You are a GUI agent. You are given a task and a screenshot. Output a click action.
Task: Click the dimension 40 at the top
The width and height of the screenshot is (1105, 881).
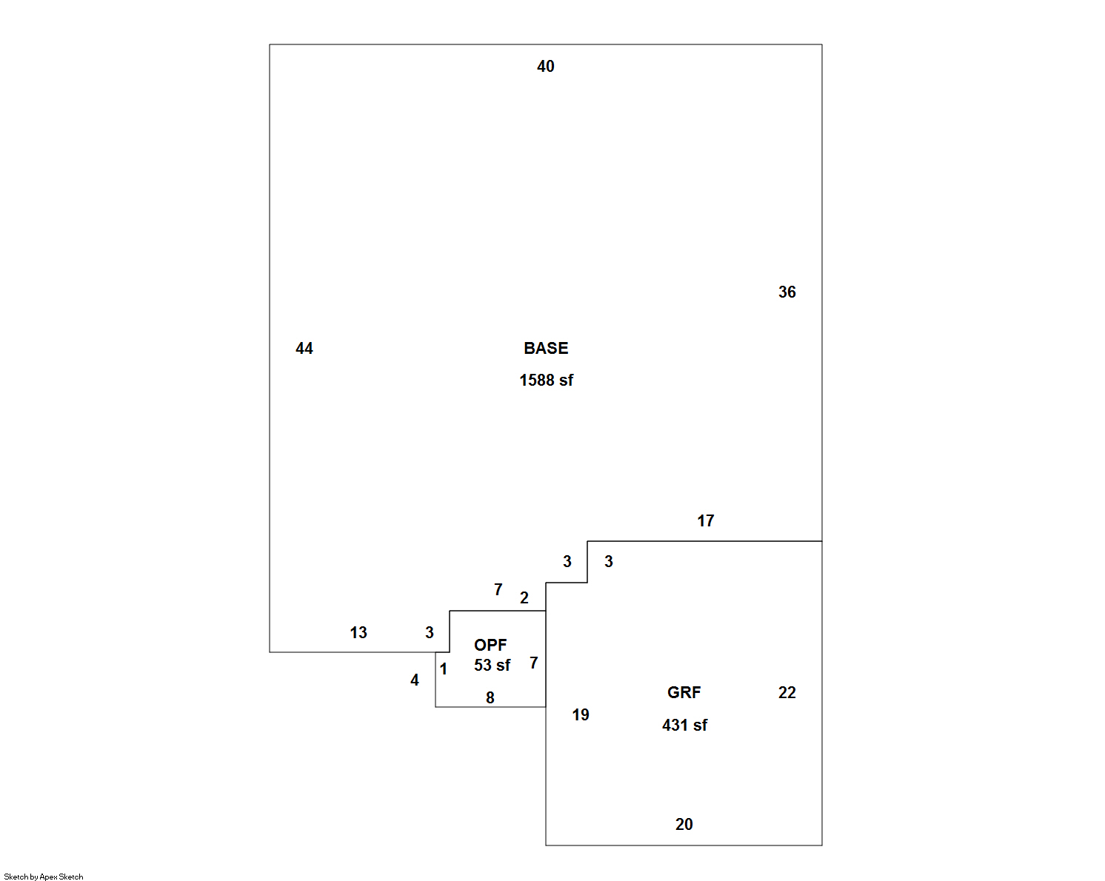(x=546, y=67)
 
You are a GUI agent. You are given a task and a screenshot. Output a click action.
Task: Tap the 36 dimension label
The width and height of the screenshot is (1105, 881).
(x=787, y=292)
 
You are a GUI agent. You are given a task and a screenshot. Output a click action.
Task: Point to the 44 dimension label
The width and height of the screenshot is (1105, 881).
(x=304, y=349)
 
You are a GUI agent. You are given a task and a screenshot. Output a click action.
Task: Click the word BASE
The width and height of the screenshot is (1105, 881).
(x=546, y=349)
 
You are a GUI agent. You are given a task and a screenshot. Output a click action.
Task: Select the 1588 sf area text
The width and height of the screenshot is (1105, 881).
(x=546, y=381)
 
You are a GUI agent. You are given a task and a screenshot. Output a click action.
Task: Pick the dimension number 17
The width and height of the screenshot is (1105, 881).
(x=705, y=521)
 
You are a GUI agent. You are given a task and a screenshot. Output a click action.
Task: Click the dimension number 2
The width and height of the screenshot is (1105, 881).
(x=524, y=598)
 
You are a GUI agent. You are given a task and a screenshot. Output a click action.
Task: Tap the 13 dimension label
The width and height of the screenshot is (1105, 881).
(x=358, y=633)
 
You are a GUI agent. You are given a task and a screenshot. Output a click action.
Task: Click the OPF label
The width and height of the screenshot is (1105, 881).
(x=490, y=646)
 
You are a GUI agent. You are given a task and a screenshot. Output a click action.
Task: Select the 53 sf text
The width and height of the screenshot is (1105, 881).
(x=492, y=666)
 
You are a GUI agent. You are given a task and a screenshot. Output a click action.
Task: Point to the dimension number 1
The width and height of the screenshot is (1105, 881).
(x=444, y=670)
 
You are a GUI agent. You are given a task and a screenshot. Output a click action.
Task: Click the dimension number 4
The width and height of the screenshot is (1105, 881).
(x=415, y=680)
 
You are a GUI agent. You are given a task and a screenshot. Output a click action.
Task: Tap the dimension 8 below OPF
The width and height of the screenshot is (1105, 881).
(x=490, y=698)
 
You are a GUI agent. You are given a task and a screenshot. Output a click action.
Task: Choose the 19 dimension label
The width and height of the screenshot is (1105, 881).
(x=581, y=715)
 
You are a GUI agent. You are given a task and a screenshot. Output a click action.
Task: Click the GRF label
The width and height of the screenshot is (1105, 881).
(x=684, y=693)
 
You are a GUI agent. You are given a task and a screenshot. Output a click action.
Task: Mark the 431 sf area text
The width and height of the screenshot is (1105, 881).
(x=684, y=726)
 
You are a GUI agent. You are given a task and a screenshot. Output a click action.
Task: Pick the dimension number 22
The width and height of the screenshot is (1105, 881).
(x=787, y=693)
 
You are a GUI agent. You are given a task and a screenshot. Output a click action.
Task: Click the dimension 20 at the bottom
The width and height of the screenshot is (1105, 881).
(x=684, y=825)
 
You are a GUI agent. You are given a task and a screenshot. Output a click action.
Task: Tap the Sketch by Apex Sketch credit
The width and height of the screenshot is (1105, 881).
(x=44, y=877)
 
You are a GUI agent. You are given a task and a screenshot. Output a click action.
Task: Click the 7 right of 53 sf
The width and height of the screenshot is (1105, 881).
(x=534, y=663)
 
